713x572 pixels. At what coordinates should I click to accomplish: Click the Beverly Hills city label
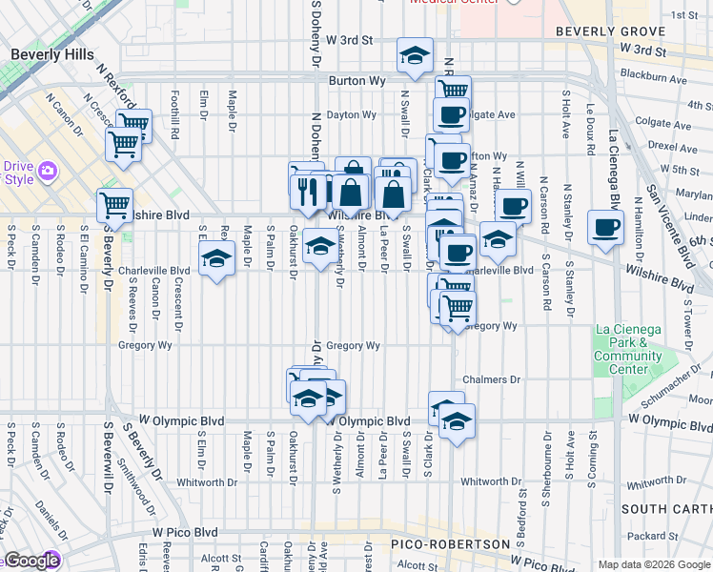point(52,55)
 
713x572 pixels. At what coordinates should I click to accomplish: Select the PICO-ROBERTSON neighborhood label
point(451,543)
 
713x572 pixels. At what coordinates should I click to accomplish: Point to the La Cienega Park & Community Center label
point(627,350)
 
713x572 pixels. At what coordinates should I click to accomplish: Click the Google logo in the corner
point(31,561)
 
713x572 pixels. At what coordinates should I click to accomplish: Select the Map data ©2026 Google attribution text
point(654,564)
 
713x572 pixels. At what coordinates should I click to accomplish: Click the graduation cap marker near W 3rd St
point(415,57)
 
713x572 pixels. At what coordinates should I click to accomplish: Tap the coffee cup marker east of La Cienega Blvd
point(605,227)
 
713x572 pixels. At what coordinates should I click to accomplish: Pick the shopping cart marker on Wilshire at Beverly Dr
point(114,205)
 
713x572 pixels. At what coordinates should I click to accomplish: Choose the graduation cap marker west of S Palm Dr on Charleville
point(217,257)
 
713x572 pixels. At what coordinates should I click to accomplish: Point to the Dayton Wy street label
point(352,114)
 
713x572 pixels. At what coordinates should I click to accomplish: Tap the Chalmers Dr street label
point(492,379)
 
